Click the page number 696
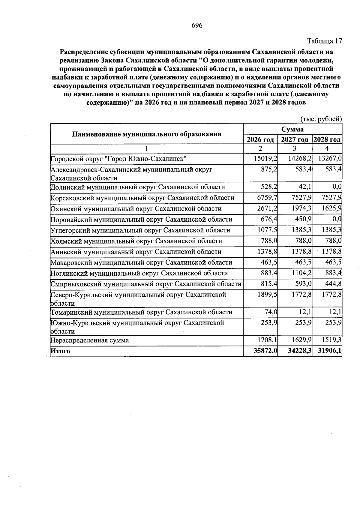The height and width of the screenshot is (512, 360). [x=197, y=25]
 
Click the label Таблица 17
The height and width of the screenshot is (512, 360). [x=325, y=41]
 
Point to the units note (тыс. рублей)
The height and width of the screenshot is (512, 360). [x=321, y=119]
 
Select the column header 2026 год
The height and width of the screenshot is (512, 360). [x=260, y=139]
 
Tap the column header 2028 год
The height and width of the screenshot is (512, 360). [x=327, y=139]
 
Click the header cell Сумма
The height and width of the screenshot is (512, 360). [x=292, y=129]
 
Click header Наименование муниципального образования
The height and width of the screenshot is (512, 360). [x=147, y=134]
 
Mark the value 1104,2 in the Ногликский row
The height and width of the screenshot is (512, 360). [x=301, y=273]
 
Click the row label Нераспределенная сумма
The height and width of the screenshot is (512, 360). [x=90, y=340]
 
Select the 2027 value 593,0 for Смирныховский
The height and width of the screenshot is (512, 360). [x=304, y=284]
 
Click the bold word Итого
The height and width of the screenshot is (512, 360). [x=60, y=351]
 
